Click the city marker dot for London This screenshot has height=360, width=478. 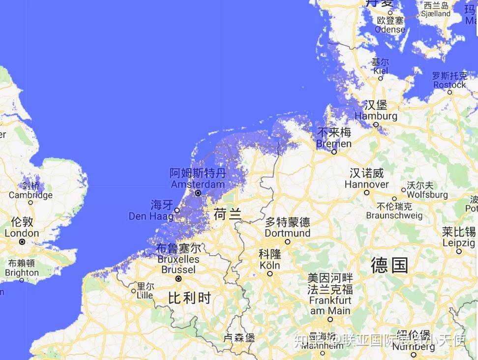[22, 242]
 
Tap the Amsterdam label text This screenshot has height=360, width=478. [198, 184]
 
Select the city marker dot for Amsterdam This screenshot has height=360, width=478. [198, 193]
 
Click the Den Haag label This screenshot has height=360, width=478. [151, 216]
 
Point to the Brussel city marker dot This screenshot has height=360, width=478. [179, 278]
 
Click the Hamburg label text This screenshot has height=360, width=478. [376, 116]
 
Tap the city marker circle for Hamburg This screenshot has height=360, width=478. [376, 125]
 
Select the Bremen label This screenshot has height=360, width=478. [334, 144]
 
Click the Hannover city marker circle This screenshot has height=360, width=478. [366, 192]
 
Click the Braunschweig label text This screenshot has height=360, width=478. [394, 215]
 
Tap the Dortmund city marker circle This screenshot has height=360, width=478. [288, 241]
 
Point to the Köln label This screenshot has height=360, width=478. [269, 265]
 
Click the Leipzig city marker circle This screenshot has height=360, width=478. [459, 251]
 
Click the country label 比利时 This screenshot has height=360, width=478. [189, 298]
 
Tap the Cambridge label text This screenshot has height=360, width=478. [30, 195]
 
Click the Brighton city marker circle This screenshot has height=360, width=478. [22, 280]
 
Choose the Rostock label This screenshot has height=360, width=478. [449, 85]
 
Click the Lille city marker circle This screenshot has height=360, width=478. [133, 291]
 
